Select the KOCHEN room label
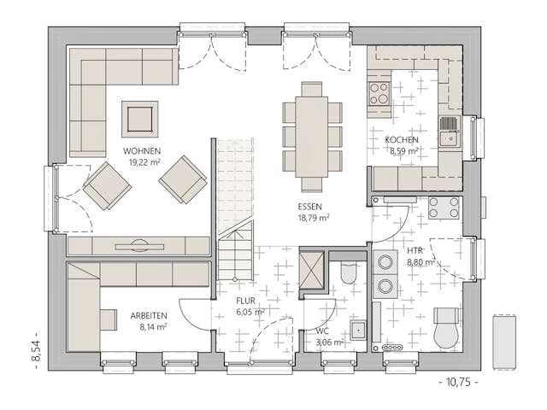point(401,140)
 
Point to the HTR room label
point(415,252)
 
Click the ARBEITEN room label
point(148,314)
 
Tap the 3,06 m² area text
point(328,342)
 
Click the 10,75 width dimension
point(457,382)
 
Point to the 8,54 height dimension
point(36,347)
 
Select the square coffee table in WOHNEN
point(139,119)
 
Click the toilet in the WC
point(349,272)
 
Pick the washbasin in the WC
point(358,330)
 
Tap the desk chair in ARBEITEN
point(109,319)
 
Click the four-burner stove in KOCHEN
point(379,92)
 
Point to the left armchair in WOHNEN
point(107,184)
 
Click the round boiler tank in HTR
point(446,332)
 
